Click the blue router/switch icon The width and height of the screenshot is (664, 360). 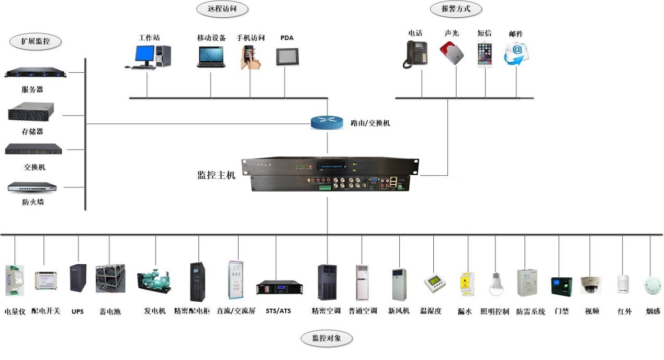pyautogui.click(x=327, y=122)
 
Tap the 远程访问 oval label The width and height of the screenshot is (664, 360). pyautogui.click(x=221, y=8)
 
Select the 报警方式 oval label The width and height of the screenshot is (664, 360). pyautogui.click(x=456, y=8)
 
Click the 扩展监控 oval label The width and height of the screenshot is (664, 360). pyautogui.click(x=36, y=41)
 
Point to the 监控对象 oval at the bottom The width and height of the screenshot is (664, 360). pyautogui.click(x=327, y=338)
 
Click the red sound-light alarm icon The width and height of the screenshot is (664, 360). pyautogui.click(x=452, y=53)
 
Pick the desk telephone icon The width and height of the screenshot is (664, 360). pyautogui.click(x=415, y=54)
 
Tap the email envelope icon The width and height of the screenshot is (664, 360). pyautogui.click(x=516, y=54)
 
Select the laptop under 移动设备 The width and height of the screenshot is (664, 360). pyautogui.click(x=211, y=57)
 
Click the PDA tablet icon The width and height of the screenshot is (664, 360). pyautogui.click(x=287, y=56)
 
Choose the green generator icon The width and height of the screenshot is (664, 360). pyautogui.click(x=154, y=281)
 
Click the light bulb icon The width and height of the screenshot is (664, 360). pyautogui.click(x=496, y=284)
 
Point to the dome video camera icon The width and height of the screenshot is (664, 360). pyautogui.click(x=591, y=284)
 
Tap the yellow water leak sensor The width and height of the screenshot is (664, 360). pyautogui.click(x=466, y=284)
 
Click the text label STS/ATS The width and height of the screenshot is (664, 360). pyautogui.click(x=278, y=311)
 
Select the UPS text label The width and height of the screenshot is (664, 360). pyautogui.click(x=77, y=311)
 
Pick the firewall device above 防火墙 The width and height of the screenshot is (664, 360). pyautogui.click(x=32, y=187)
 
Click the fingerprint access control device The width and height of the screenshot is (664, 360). pyautogui.click(x=561, y=286)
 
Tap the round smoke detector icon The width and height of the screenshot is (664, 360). pyautogui.click(x=652, y=285)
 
